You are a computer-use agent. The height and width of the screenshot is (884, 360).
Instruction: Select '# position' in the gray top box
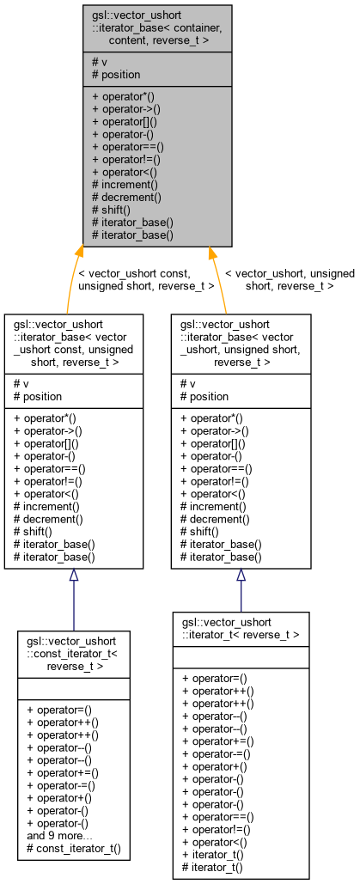pos(116,75)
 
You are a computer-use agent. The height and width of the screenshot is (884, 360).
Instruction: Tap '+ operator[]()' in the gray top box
pos(125,122)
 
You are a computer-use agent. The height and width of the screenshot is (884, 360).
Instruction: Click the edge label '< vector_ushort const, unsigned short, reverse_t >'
pos(146,280)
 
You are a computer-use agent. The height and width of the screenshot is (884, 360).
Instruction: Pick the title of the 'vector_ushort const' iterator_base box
pos(74,344)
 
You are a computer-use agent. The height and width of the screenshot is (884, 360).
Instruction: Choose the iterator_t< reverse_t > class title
pos(241,628)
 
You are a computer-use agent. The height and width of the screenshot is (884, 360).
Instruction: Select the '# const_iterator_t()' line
pos(73,847)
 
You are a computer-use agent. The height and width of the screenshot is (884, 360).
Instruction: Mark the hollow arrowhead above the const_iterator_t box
pos(74,575)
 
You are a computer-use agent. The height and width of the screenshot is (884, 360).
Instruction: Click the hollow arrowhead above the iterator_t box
pos(241,575)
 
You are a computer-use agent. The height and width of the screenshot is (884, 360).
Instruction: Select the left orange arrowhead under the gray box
pos(80,252)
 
